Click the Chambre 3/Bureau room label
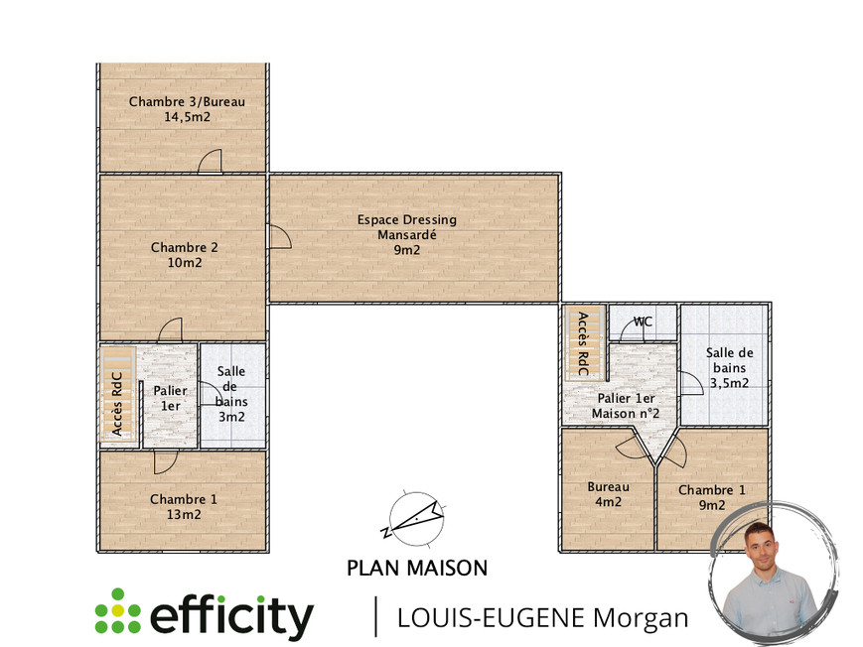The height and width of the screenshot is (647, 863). pos(187,109)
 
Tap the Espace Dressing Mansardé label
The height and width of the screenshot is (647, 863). pos(407,235)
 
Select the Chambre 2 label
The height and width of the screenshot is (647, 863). pos(185,255)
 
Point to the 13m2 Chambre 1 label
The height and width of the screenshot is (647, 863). pos(183,506)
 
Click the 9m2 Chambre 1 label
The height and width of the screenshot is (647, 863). pos(711,497)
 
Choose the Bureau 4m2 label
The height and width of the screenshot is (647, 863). pos(608,494)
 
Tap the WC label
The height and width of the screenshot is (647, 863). pos(644,322)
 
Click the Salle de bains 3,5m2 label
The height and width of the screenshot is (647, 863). pos(729,367)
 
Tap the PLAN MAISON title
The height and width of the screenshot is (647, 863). pos(417,569)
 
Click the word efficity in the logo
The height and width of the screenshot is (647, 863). pos(231,616)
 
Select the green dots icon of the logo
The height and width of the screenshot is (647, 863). pos(117,611)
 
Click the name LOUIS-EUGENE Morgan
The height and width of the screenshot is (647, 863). pos(542,617)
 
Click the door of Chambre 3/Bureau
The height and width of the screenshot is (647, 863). pos(210,163)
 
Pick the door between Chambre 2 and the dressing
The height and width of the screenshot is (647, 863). pos(278,236)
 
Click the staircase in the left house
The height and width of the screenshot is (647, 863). pos(118,393)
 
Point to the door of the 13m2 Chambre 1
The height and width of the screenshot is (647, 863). pos(165,461)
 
